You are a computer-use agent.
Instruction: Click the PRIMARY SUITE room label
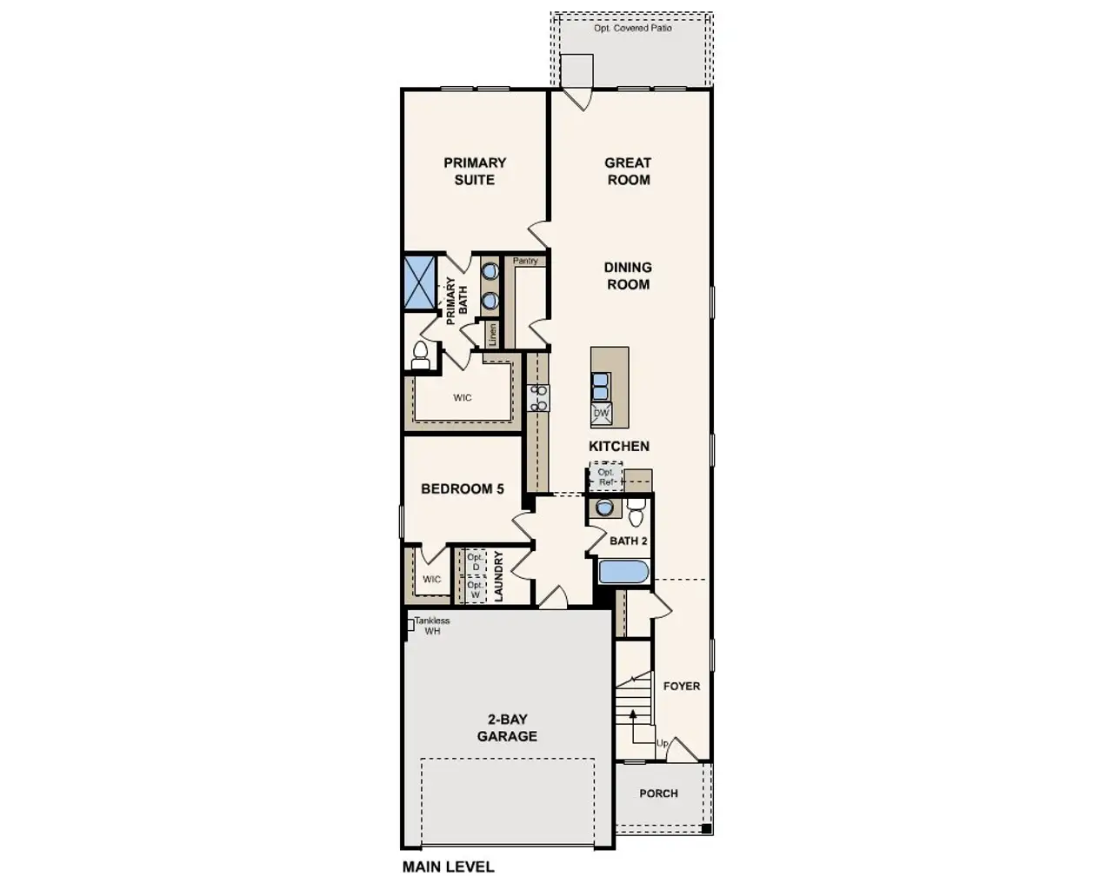474,171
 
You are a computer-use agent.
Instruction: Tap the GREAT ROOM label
628,171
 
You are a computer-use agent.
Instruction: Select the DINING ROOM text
628,276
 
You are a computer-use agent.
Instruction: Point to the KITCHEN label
619,446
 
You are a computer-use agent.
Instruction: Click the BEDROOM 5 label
463,488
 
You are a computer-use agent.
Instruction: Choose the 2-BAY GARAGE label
507,728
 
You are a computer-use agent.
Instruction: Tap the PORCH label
658,794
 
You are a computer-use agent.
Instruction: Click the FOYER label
682,686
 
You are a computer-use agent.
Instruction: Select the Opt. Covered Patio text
632,29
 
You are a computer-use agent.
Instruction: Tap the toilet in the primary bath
420,355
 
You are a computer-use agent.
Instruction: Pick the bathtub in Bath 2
623,572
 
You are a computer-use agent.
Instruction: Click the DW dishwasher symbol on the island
601,414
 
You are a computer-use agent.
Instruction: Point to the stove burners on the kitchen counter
539,397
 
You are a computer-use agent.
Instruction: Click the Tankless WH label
432,626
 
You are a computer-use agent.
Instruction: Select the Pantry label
525,261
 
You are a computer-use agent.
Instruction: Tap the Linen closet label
492,335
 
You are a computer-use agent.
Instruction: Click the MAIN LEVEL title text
448,867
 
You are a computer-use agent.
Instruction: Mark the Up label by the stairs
663,744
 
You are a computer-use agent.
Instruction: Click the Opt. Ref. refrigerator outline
605,476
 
